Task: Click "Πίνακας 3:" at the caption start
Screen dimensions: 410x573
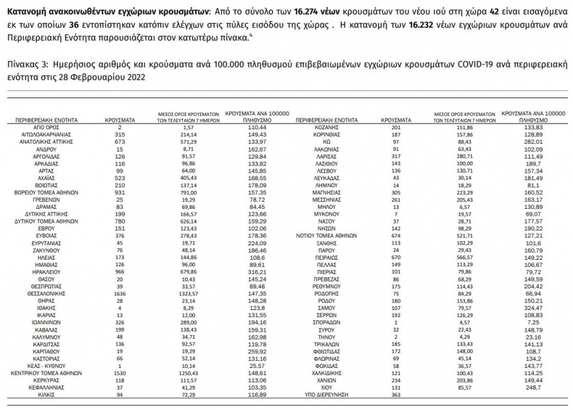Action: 25,65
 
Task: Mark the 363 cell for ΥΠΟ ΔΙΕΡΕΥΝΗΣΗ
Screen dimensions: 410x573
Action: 395,395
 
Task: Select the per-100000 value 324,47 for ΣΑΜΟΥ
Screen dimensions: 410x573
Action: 534,309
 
